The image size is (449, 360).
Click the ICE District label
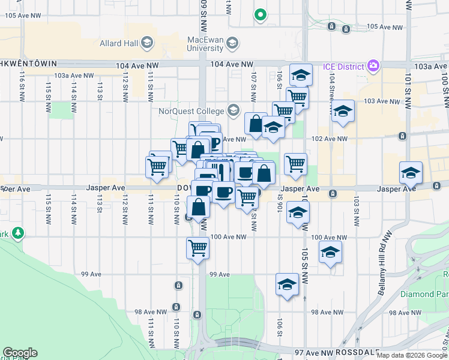(343, 65)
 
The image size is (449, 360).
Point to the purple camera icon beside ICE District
(374, 65)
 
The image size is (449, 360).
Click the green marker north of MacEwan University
(260, 14)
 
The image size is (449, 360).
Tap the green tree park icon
(18, 232)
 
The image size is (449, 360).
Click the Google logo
(20, 353)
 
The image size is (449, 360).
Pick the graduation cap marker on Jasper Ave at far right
(411, 173)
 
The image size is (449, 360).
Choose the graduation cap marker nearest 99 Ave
(287, 284)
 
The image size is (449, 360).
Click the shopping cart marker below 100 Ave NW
(197, 248)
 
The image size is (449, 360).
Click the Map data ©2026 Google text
(411, 355)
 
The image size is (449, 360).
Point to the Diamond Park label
(427, 294)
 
